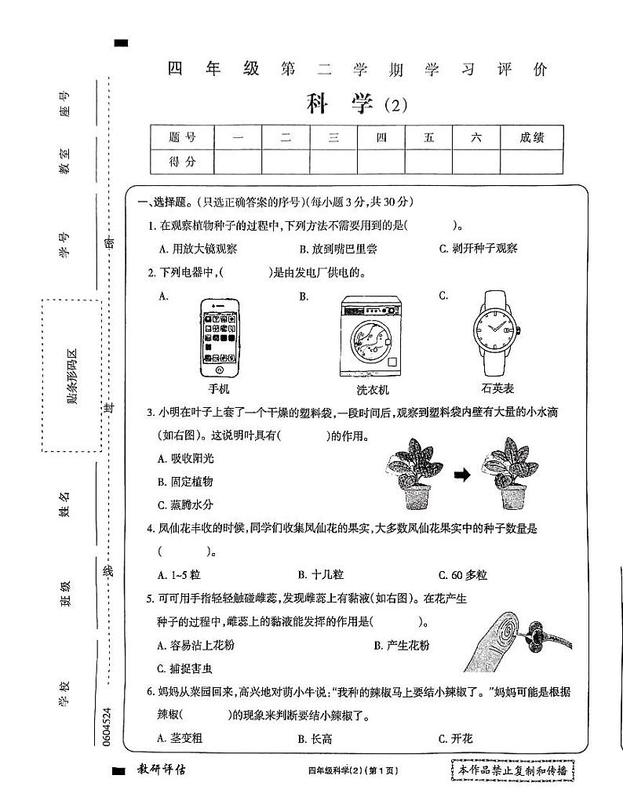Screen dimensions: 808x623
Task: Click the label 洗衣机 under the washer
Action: pos(372,390)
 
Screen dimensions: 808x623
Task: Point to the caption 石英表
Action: pos(497,388)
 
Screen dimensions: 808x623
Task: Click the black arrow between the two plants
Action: pos(463,475)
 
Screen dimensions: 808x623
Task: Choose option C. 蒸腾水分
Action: pos(185,504)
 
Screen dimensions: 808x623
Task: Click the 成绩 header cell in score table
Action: pos(531,137)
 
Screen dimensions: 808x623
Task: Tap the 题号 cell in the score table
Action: pos(182,137)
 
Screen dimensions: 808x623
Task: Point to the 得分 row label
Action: pos(182,162)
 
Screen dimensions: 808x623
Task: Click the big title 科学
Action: pos(340,103)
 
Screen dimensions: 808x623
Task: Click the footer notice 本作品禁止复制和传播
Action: pos(513,771)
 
